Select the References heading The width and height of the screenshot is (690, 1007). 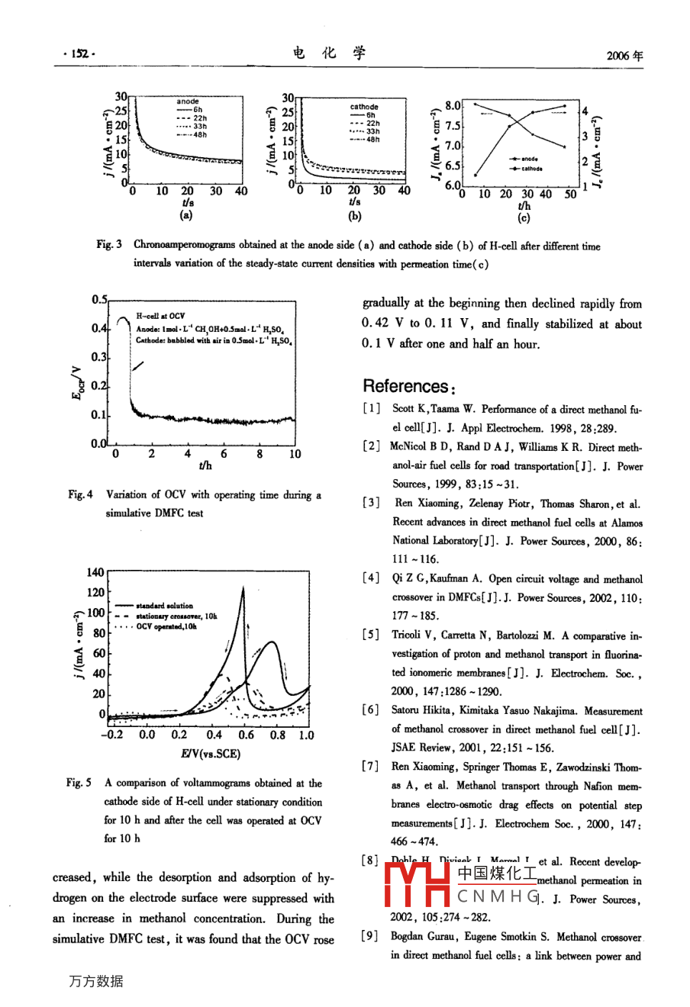[405, 386]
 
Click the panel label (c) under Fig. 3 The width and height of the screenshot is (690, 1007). [524, 219]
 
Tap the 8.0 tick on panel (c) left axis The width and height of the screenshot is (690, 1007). [453, 106]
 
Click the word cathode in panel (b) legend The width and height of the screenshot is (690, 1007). [364, 107]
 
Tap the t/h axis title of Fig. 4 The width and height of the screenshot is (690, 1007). [205, 465]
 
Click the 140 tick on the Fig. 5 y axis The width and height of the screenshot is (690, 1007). [95, 572]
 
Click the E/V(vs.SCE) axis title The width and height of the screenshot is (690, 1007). [211, 754]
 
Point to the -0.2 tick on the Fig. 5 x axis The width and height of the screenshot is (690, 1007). [111, 735]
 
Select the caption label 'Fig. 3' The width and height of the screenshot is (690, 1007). [109, 246]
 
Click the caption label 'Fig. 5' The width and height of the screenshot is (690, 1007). [79, 783]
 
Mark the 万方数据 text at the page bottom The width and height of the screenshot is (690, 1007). [95, 981]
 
